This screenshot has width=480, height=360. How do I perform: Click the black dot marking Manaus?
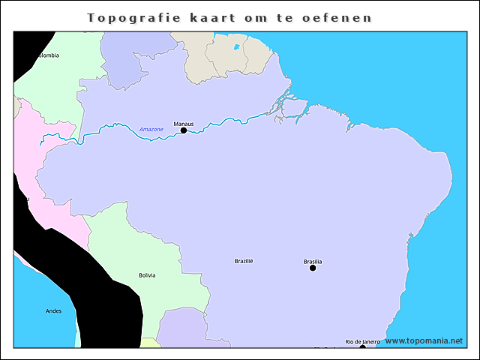pos(184,130)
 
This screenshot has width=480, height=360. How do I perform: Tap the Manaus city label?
pos(184,123)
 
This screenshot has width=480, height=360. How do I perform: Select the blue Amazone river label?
pos(151,130)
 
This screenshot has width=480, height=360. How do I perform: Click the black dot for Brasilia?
pos(313,268)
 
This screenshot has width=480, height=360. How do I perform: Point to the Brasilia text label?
pos(313,261)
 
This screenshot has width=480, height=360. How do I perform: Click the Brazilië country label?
pos(244,261)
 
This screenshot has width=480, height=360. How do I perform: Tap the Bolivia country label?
pos(148,275)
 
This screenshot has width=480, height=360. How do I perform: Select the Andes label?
pos(54,310)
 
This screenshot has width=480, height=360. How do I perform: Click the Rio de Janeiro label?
pos(362,341)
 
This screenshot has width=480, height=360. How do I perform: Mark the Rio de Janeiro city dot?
pos(362,347)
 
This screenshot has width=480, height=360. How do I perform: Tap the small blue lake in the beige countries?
pos(237,47)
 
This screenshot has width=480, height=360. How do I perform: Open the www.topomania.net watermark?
pos(424,340)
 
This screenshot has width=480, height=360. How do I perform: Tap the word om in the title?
pos(257,17)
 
